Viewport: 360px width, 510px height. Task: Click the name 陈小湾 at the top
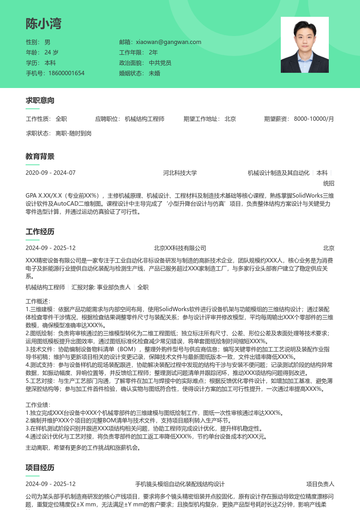coord(44,24)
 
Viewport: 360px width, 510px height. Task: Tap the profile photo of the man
coord(304,45)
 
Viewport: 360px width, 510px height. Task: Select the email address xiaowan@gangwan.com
coord(168,42)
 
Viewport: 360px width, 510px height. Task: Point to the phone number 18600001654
coord(66,73)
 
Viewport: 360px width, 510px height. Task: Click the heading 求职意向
coord(40,100)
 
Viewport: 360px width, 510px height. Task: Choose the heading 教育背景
coord(40,156)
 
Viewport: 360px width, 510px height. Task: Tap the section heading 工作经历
coord(40,232)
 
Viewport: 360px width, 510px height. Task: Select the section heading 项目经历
coord(40,468)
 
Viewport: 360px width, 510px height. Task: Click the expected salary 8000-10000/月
coord(314,119)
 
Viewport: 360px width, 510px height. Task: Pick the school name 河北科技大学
coord(180,173)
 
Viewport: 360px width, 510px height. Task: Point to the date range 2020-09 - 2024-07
coord(50,173)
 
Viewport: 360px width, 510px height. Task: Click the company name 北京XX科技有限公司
coord(180,248)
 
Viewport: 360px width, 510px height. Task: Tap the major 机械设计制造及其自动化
coord(278,173)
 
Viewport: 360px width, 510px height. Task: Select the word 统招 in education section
coord(328,184)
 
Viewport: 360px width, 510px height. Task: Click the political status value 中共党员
coord(160,63)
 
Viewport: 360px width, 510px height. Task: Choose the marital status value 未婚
coord(154,73)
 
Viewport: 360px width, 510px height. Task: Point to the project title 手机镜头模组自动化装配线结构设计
coord(180,484)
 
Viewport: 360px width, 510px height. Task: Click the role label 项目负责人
coord(320,484)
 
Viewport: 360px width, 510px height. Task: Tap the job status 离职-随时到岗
coord(74,133)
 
